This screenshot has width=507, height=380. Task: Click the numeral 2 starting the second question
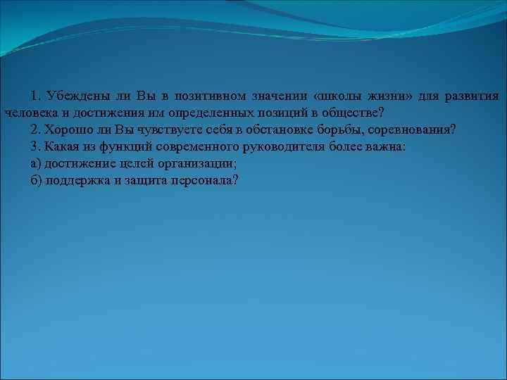click(35, 129)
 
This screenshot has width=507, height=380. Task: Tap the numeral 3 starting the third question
click(35, 146)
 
